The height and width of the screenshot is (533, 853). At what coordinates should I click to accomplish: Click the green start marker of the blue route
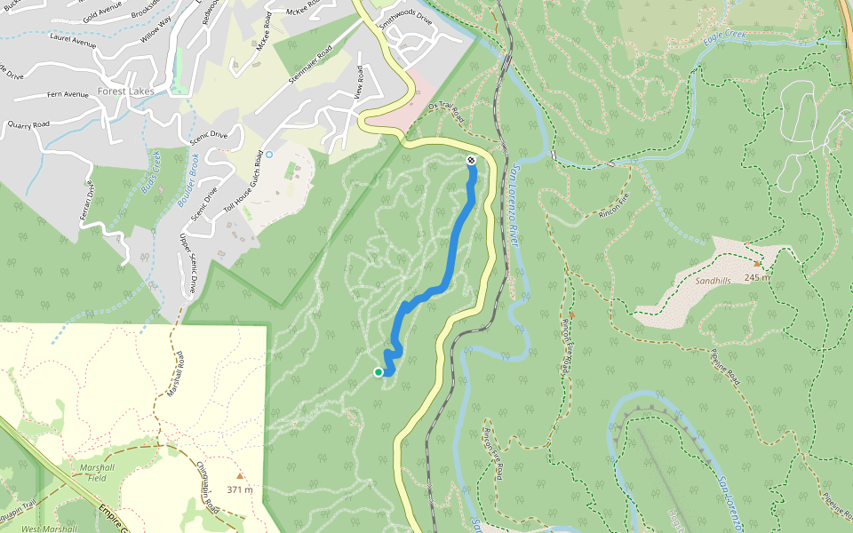coord(379,372)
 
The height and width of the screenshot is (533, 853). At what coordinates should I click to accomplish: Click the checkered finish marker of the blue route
coord(470,161)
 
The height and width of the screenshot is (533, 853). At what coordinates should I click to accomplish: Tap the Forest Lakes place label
coord(126,91)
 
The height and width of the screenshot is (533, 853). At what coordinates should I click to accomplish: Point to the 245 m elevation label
coord(758,277)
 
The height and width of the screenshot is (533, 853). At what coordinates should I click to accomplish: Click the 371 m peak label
coord(240,489)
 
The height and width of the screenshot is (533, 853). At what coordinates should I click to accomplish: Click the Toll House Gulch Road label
coord(242,181)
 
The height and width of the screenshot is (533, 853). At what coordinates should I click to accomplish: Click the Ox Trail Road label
coord(446,113)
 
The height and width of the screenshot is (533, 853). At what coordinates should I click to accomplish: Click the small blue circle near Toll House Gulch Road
coord(268,154)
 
